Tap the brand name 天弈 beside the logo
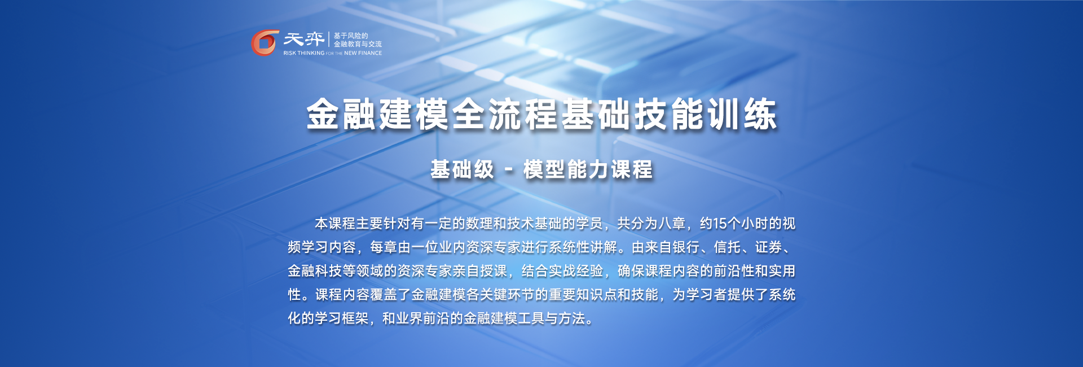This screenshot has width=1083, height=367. tap(303, 39)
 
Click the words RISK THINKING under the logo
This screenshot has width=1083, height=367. tap(304, 53)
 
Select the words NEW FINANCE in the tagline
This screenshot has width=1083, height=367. tap(363, 53)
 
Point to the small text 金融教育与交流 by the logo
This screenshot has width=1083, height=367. tap(358, 44)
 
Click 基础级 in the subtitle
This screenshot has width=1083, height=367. tap(462, 169)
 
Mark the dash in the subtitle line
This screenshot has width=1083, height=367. tap(509, 170)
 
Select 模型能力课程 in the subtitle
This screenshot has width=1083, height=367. tap(588, 169)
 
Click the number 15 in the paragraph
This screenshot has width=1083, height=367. tap(720, 224)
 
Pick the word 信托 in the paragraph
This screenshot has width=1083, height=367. tap(727, 247)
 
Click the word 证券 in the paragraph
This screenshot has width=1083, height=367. tap(769, 247)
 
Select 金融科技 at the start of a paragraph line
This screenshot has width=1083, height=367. tap(315, 271)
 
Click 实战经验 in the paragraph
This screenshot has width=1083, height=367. tap(576, 271)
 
